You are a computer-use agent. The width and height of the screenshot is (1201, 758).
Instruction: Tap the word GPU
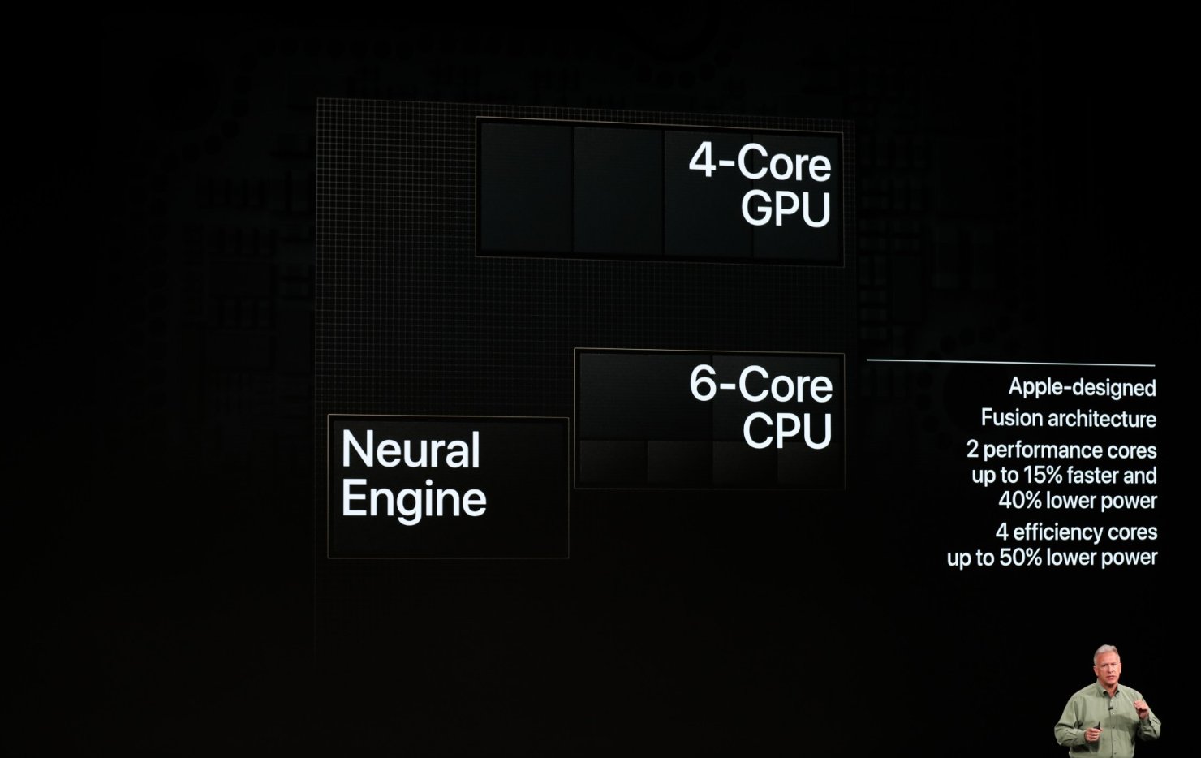coord(786,209)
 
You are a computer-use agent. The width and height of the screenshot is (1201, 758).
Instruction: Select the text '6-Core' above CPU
coord(760,384)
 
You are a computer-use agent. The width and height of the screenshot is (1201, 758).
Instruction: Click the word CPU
coord(787,431)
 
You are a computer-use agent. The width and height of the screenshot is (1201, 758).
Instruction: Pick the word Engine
coord(414,498)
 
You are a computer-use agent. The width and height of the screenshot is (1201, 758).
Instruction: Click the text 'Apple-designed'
coord(1082,387)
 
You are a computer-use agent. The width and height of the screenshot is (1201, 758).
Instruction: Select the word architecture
coord(1102,419)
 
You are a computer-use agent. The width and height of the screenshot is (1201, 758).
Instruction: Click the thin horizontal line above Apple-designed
coord(1010,362)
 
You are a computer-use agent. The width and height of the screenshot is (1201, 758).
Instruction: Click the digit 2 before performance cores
coord(972,450)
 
